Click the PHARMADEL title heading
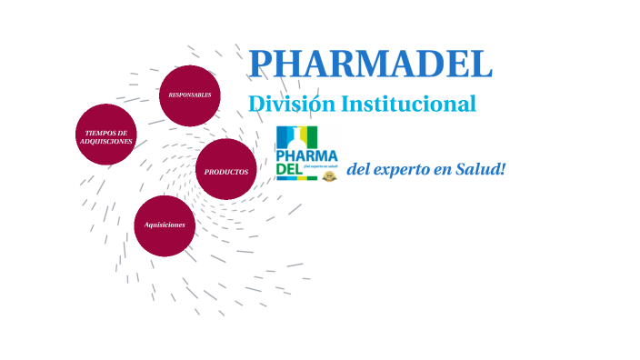(x=370, y=64)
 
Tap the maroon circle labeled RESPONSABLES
(x=190, y=95)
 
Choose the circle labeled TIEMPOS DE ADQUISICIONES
(x=106, y=135)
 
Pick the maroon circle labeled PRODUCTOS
(x=226, y=169)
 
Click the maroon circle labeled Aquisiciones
(x=165, y=225)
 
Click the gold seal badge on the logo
(x=329, y=176)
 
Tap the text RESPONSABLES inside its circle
(x=190, y=95)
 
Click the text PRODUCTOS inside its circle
(x=226, y=172)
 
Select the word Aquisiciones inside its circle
(x=165, y=224)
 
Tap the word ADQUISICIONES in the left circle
(x=106, y=142)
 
